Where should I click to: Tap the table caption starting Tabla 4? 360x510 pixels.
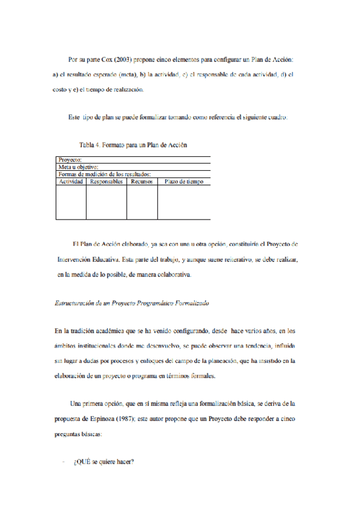133,145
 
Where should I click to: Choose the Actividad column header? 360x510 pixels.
71,182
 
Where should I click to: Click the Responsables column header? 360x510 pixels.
106,182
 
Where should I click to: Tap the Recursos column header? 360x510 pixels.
142,182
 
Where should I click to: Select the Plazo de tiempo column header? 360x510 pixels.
184,182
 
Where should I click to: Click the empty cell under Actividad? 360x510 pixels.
71,202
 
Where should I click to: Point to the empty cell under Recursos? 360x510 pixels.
142,202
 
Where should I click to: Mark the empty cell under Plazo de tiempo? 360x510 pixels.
184,202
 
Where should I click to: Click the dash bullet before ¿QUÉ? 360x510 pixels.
63,462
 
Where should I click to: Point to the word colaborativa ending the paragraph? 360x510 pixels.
172,275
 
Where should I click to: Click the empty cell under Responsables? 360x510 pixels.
106,202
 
